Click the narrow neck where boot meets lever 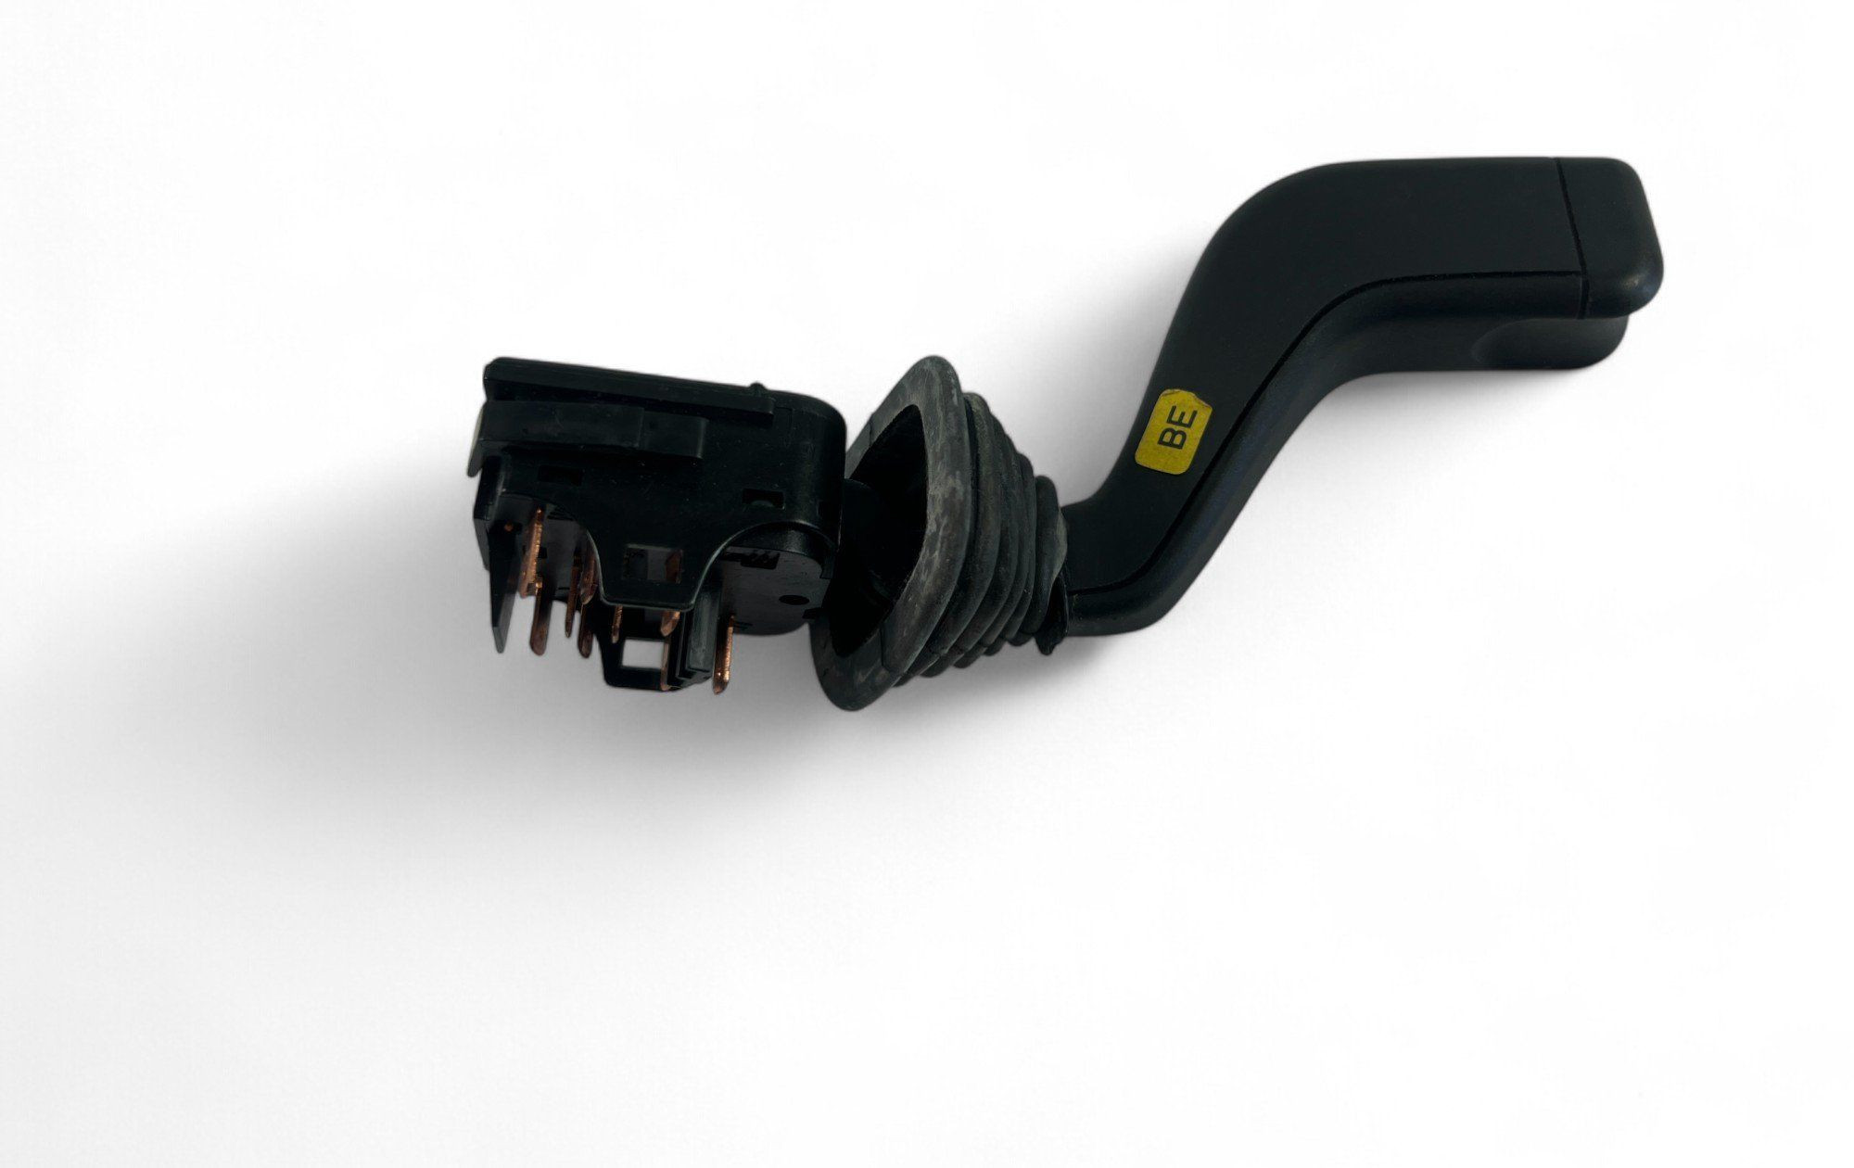[x=1057, y=575]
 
